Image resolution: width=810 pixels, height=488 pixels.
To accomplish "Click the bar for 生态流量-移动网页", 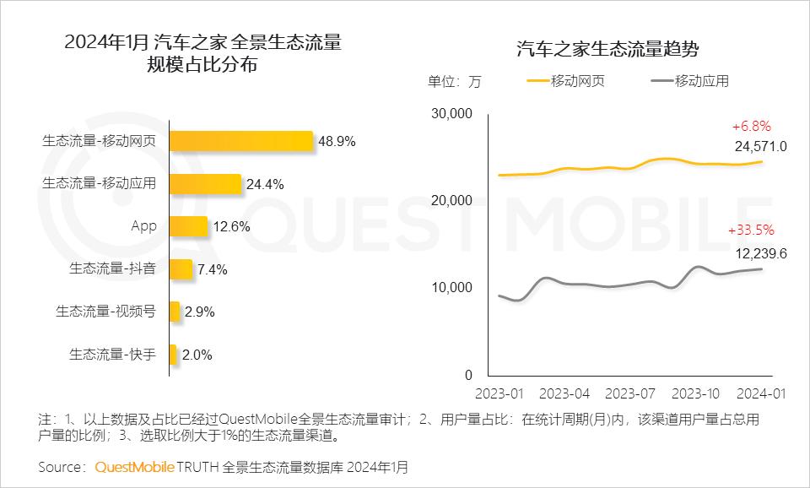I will click(x=240, y=141).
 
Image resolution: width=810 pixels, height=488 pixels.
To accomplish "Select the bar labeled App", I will click(x=187, y=226).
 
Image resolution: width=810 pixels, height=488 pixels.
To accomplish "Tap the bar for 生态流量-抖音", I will click(x=181, y=269).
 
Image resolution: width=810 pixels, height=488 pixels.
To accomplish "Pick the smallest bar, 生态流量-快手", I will click(x=173, y=355).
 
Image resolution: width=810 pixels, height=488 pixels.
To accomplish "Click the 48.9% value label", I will click(x=337, y=142).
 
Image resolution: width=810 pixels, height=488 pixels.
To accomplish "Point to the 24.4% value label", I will click(x=265, y=184).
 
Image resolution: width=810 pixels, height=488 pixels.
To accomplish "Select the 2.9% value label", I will click(x=199, y=312).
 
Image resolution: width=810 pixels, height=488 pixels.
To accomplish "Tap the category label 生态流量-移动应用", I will click(x=99, y=183).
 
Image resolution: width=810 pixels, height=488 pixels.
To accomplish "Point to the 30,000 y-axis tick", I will click(x=451, y=113).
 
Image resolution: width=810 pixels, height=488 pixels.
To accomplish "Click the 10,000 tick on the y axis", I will click(x=451, y=288).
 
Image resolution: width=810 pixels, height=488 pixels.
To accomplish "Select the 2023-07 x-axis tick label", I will click(x=630, y=393).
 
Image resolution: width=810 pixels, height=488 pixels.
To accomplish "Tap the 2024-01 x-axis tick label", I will click(x=761, y=393).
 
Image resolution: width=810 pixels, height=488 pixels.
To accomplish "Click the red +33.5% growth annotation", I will click(x=751, y=230).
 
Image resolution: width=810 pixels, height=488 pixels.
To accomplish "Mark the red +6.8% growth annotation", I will click(x=751, y=126).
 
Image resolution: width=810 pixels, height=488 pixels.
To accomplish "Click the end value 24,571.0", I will click(x=760, y=146).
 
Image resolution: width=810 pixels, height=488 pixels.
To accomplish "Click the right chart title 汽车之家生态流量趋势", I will click(x=607, y=49).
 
